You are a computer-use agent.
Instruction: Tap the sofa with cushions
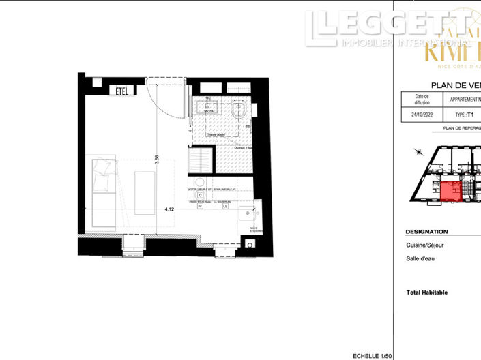[102, 190]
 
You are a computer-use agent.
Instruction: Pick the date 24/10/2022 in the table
[422, 115]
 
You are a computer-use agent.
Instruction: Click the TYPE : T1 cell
[464, 115]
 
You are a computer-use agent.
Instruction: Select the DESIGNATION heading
[426, 232]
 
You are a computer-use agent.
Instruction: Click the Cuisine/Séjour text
[426, 245]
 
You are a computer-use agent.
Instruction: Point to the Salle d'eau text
[420, 258]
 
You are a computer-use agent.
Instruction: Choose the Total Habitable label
[426, 292]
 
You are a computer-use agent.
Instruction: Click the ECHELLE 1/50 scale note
[373, 355]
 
